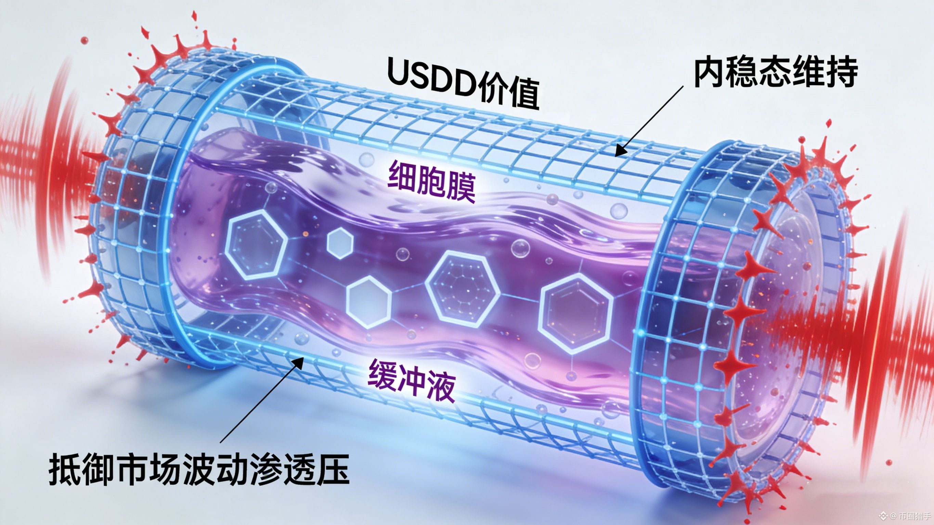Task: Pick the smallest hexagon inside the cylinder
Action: click(x=340, y=243)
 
